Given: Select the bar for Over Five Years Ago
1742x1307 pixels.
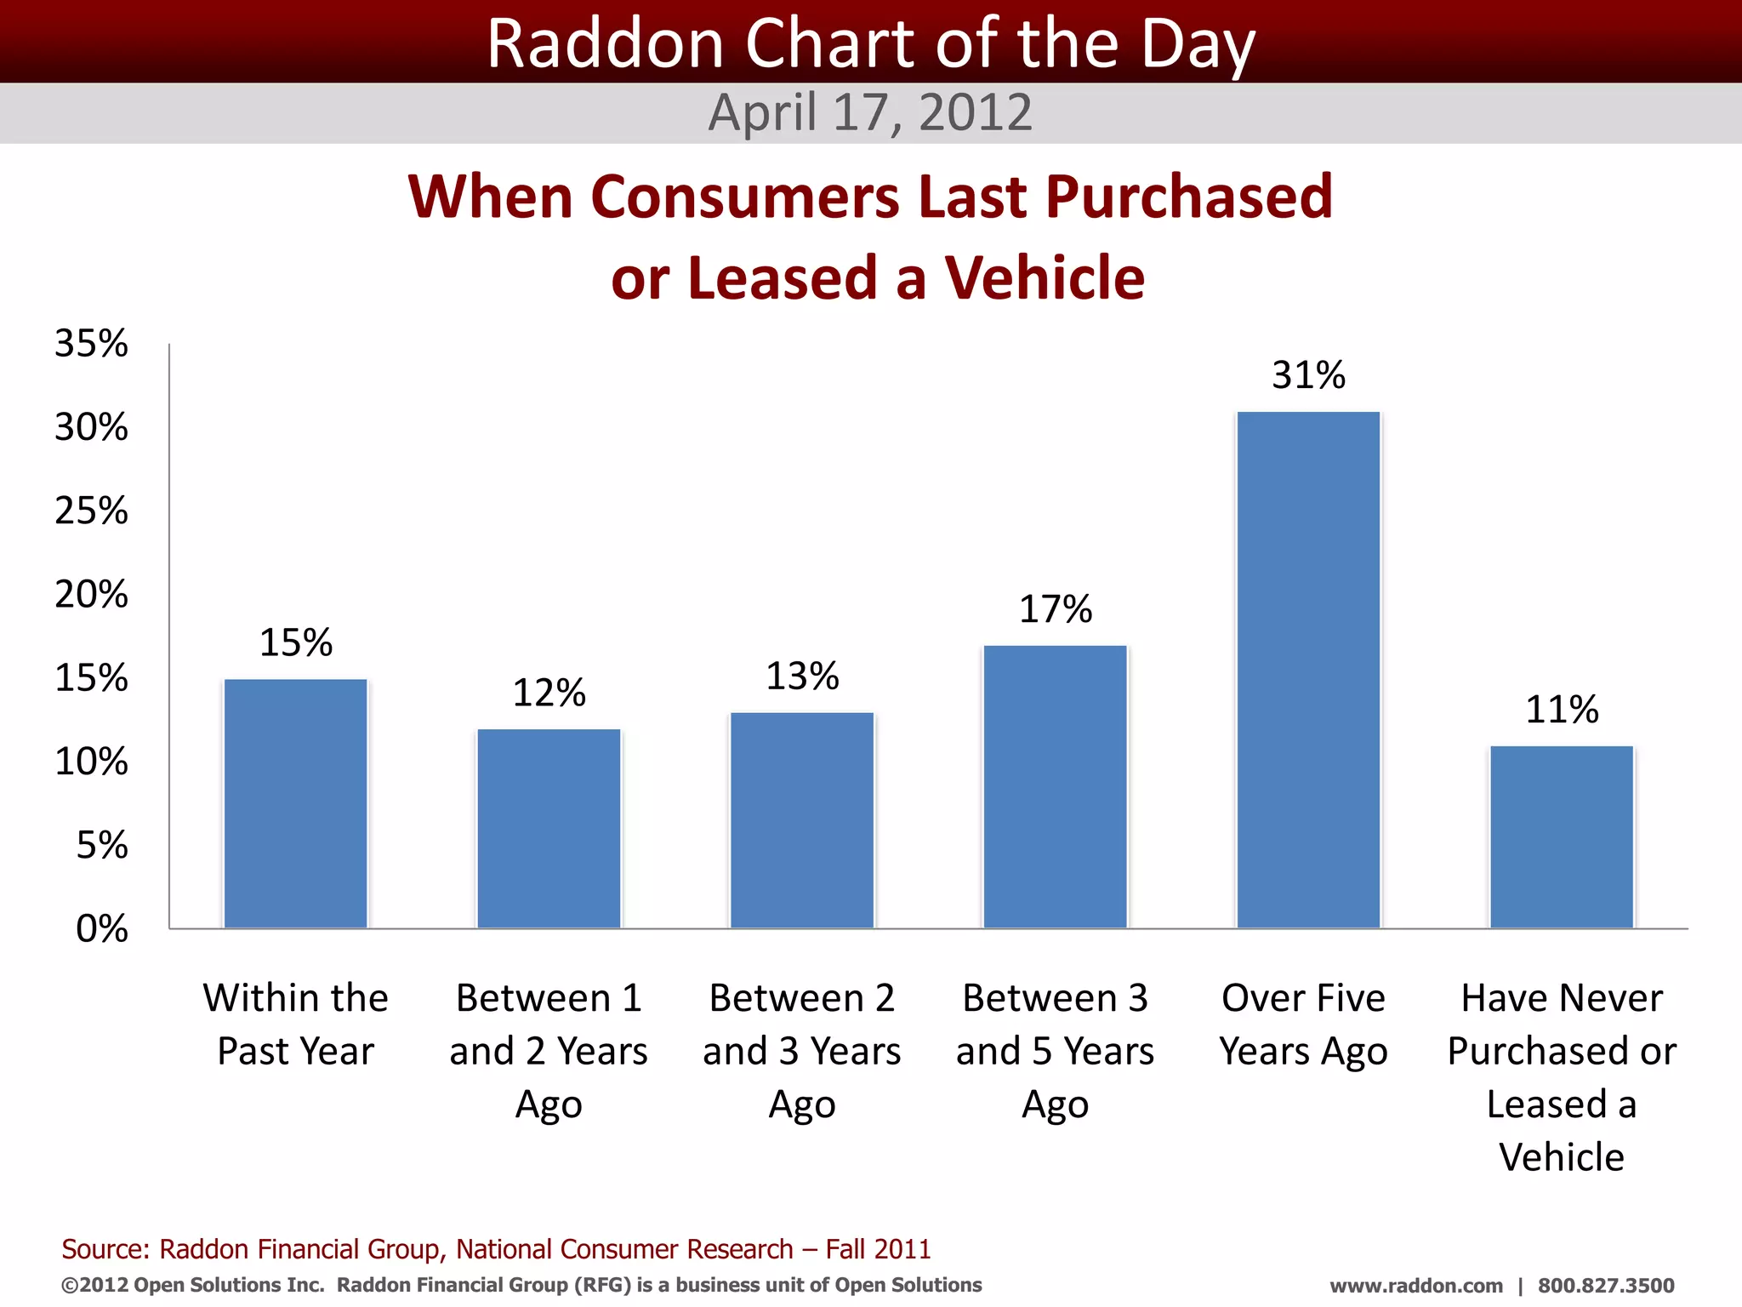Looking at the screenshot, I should tap(1308, 670).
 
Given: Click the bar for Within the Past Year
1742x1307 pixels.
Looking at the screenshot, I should tap(295, 803).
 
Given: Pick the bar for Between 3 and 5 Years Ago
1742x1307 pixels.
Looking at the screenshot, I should tap(1055, 786).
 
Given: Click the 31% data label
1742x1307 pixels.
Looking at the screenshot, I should tap(1308, 375).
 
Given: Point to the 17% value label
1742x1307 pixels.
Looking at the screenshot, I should tap(1055, 609).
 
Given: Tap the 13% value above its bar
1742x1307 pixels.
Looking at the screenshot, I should tap(802, 676).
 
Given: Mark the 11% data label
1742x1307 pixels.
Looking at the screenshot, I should tap(1562, 710).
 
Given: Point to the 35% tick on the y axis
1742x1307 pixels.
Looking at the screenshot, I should tap(92, 344).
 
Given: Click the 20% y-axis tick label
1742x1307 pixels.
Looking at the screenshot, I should tap(92, 594).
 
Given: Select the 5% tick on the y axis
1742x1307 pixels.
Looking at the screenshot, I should tap(102, 845).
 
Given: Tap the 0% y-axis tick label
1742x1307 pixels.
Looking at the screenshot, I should tap(102, 928).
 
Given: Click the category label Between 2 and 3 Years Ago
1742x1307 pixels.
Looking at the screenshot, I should tap(802, 1050).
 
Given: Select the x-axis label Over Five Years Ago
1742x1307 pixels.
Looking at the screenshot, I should tap(1303, 1024).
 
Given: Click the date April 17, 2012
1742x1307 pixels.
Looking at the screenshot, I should tap(870, 112).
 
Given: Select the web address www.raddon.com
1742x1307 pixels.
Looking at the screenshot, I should tap(1416, 1286).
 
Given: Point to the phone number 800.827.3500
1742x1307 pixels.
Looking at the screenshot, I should tap(1606, 1286).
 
